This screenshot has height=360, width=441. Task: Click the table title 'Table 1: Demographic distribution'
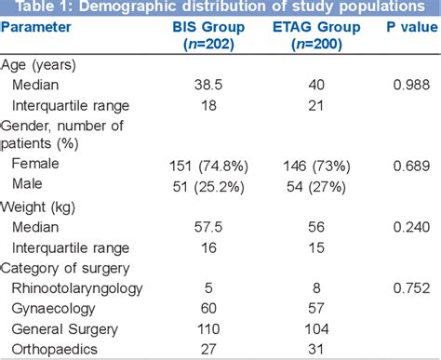220,9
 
